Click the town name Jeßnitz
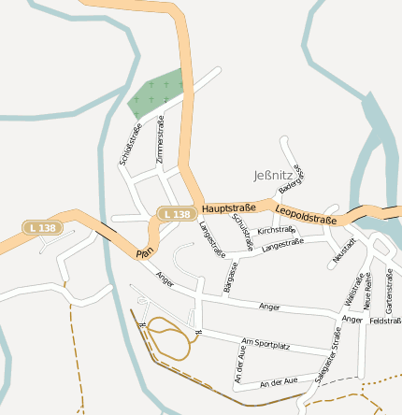coord(273,175)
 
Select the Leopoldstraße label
coord(306,213)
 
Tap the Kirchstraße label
coord(277,230)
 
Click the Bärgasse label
coord(231,277)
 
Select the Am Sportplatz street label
coord(266,345)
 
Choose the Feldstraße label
coord(384,322)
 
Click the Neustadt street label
coord(343,250)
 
